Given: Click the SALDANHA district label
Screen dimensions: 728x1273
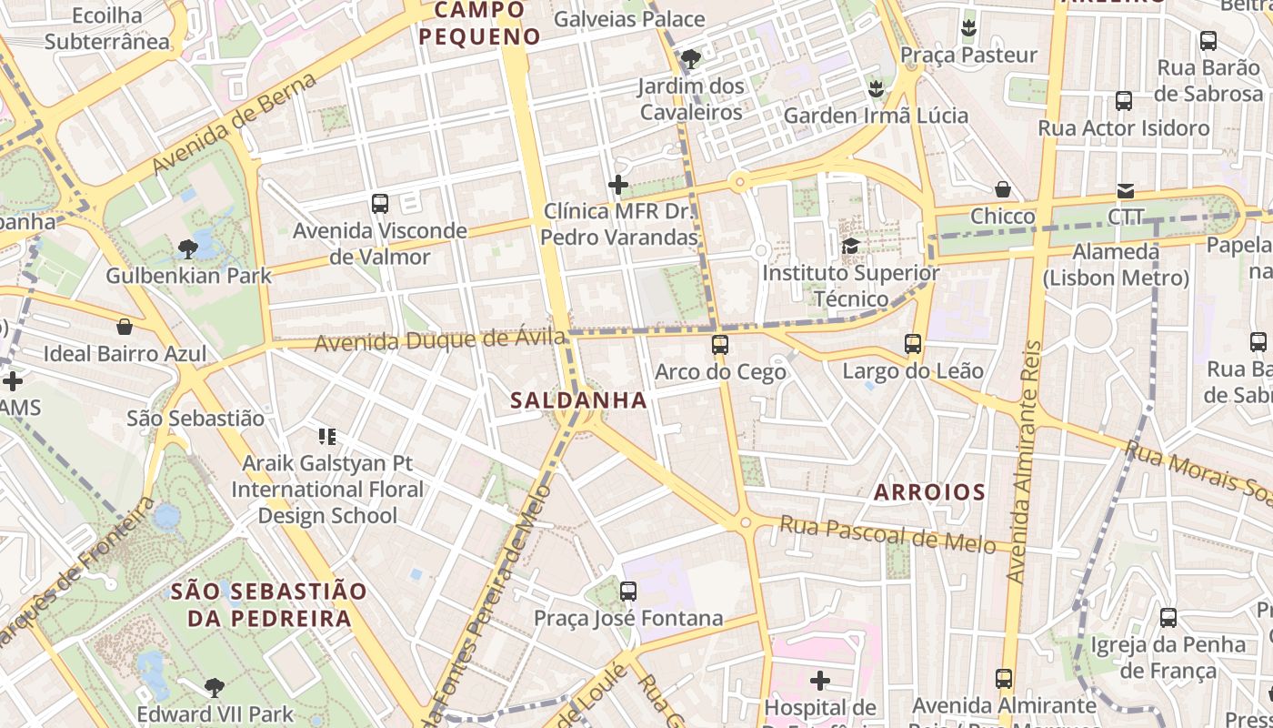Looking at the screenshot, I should [578, 399].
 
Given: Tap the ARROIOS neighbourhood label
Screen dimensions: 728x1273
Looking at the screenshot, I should [929, 492].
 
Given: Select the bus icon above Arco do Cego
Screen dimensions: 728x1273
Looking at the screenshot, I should [720, 345].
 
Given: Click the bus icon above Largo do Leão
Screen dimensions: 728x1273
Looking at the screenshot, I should [913, 344].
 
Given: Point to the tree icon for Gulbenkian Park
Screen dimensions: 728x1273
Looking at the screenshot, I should [188, 248].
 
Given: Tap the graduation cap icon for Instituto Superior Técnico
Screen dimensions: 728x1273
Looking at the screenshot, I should [851, 246].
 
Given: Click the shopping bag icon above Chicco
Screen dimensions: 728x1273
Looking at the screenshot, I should [1003, 189].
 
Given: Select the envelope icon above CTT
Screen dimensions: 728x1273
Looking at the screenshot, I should [1126, 191].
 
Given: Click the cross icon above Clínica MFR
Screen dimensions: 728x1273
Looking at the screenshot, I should [618, 186].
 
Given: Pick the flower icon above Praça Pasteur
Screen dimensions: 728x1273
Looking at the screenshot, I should [968, 27].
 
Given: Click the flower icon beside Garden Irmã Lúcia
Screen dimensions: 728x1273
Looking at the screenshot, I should [876, 88].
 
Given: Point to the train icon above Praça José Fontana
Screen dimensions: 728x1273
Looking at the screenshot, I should [627, 591].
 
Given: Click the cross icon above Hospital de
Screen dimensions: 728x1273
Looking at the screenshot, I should [820, 680].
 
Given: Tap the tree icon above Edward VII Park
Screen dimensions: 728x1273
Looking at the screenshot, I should [215, 687].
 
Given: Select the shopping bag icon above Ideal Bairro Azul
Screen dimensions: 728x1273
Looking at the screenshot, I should [125, 327].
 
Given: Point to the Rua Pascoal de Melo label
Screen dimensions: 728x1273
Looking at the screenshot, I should [887, 534].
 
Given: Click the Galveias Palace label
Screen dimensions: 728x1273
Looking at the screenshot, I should [628, 19].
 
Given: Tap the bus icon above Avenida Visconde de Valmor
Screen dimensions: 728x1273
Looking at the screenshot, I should [380, 204].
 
